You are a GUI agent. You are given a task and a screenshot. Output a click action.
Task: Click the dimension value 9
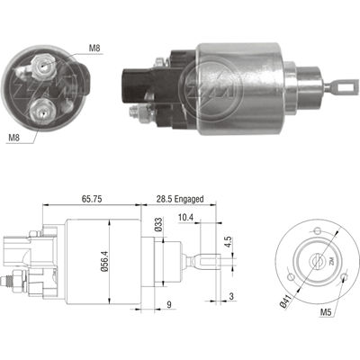click(170, 304)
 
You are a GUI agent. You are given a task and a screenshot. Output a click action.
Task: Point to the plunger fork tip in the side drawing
click(208, 263)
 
